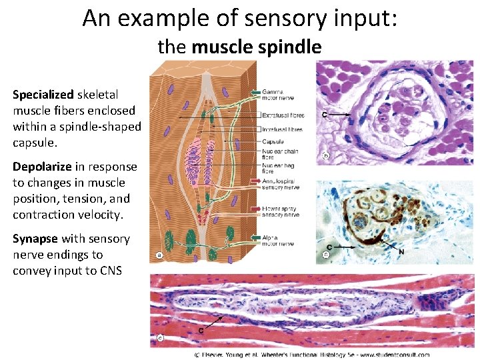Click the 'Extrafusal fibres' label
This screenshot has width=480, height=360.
pos(282,115)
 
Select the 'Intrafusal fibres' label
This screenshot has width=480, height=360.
pos(282,129)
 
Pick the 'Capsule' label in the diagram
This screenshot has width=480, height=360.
pos(273,142)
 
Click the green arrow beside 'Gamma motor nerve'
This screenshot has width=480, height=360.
pos(255,92)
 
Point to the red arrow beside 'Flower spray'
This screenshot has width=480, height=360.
pos(255,209)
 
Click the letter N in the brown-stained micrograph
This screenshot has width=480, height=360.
pos(401,252)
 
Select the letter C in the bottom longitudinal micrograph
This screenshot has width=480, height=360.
pos(201,331)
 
